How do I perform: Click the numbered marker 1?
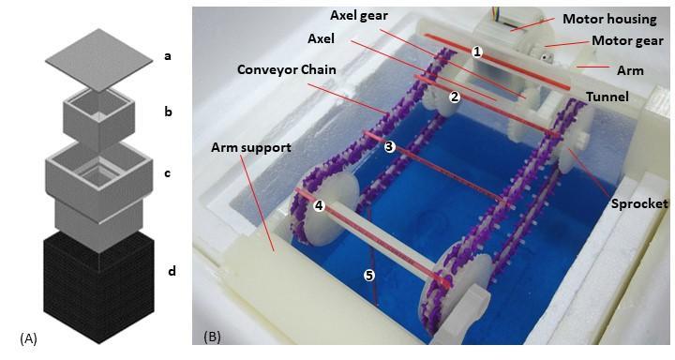tap(477, 52)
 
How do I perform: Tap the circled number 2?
tap(454, 96)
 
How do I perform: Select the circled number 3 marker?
tap(389, 146)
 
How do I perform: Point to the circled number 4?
tap(319, 205)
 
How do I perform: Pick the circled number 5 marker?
tap(368, 275)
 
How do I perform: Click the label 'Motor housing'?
tap(615, 18)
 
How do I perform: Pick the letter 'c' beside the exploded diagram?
tap(168, 172)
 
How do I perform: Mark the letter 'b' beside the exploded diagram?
tap(168, 111)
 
